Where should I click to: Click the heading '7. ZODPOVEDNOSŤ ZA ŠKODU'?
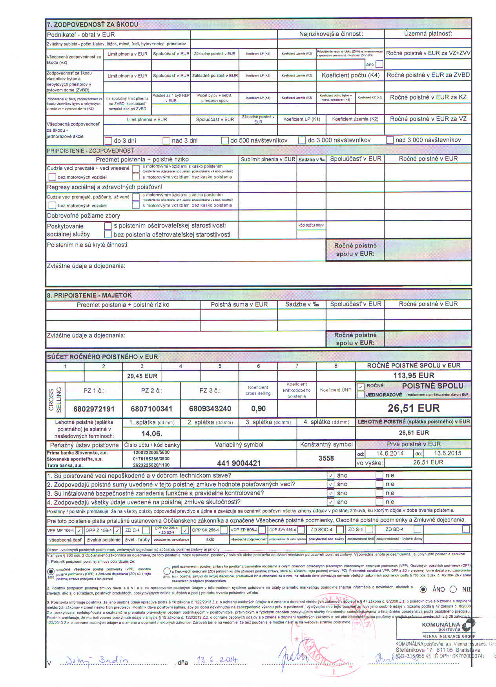(x=93, y=24)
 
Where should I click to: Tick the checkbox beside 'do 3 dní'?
(x=109, y=140)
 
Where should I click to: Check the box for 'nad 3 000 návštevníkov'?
(x=390, y=140)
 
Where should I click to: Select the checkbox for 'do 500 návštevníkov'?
(x=225, y=140)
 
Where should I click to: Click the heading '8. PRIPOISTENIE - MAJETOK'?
(x=89, y=295)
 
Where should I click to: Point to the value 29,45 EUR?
(x=142, y=376)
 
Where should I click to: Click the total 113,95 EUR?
(x=414, y=375)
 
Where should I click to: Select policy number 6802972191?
(x=94, y=409)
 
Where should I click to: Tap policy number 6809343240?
(x=210, y=409)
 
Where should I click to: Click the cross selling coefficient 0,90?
(x=258, y=409)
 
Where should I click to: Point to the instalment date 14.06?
(x=151, y=434)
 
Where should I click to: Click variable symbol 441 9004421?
(x=239, y=463)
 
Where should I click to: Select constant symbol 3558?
(x=326, y=458)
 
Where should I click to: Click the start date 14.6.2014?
(x=390, y=453)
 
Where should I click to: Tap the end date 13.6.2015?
(x=447, y=453)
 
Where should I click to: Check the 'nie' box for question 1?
(x=379, y=475)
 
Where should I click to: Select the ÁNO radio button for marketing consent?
(x=423, y=589)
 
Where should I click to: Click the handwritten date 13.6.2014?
(x=217, y=660)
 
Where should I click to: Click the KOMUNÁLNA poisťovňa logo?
(x=447, y=626)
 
